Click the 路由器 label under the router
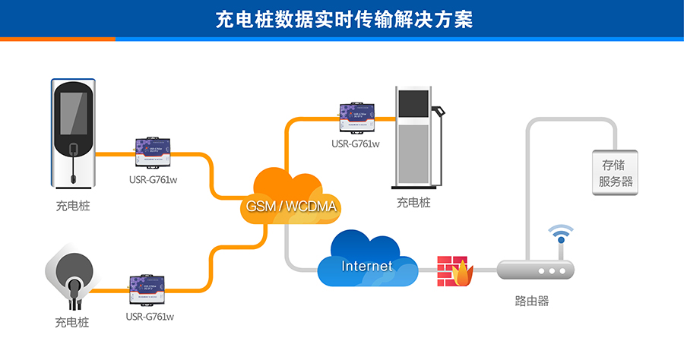532,301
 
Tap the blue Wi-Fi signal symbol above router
561,234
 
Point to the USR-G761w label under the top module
356,143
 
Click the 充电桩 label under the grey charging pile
413,203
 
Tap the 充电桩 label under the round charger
72,322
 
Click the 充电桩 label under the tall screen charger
72,206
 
